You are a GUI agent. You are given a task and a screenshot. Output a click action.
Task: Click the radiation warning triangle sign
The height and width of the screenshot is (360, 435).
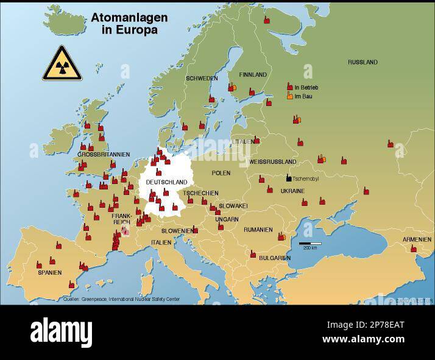tap(62, 64)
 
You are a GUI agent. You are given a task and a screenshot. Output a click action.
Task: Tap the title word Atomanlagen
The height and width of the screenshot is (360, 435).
tap(129, 18)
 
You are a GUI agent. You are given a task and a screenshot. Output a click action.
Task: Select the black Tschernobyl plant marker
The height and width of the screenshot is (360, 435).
tap(289, 178)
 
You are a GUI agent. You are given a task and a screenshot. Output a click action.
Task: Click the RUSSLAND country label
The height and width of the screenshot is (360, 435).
tap(362, 62)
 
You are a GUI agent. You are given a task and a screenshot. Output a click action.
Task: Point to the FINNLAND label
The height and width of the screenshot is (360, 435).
tap(253, 75)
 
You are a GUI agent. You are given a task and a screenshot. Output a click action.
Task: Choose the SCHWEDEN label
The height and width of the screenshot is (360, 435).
tap(202, 79)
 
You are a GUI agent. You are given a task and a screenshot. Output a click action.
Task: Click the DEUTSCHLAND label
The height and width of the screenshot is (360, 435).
tap(166, 182)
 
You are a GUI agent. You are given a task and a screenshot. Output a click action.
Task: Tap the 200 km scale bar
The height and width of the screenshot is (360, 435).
tap(310, 244)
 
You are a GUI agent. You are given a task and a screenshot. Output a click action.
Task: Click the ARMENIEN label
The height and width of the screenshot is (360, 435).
tap(417, 239)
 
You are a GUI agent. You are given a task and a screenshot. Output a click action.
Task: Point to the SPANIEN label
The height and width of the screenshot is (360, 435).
tap(50, 272)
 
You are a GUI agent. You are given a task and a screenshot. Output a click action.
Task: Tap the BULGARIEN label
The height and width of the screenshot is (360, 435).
tap(275, 258)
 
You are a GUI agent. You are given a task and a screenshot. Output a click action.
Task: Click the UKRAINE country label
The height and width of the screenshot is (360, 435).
tap(292, 191)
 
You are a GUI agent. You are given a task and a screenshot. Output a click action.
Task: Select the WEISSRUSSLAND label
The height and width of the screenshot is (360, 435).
tap(273, 162)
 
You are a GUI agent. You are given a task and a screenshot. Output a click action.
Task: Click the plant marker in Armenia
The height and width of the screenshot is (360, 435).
tap(413, 249)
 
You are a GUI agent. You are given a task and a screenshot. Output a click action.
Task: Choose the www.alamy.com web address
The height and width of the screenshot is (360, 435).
tap(363, 339)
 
